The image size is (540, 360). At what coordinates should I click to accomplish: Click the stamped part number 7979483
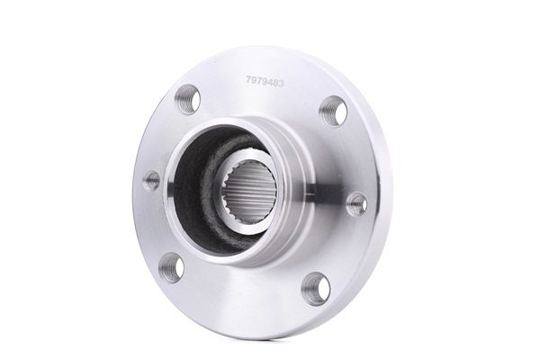pos(265,82)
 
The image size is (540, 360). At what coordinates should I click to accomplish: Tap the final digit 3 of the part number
pos(281,84)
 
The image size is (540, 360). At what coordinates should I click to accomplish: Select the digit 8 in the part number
pos(275,83)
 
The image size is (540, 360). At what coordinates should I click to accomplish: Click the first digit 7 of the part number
pos(248,81)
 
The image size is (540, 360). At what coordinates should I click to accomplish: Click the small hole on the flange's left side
pos(151,179)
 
